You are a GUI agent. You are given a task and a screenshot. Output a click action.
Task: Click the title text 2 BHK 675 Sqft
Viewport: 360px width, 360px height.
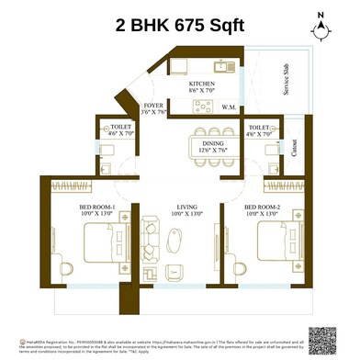(179, 24)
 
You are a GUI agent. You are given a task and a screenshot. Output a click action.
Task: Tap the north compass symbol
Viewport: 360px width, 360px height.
(320, 26)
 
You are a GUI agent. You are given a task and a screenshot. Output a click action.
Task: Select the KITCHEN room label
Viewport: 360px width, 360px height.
(203, 83)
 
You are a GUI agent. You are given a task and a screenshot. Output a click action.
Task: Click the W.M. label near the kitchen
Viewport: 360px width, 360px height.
(228, 107)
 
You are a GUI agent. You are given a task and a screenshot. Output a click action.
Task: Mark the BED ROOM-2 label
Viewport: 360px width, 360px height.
(263, 208)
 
